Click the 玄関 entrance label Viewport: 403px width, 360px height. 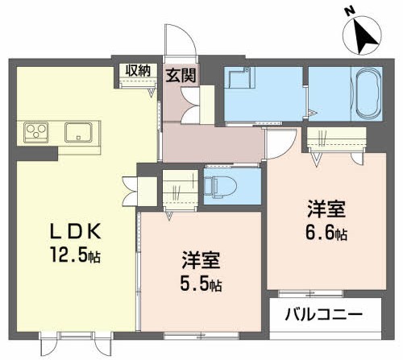click(x=181, y=76)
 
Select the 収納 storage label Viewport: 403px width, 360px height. click(x=137, y=71)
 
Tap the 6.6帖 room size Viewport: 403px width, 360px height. click(x=326, y=234)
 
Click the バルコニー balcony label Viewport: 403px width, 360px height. click(x=322, y=312)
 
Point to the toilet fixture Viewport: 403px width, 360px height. click(x=219, y=186)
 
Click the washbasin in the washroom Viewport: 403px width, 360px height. click(x=237, y=79)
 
